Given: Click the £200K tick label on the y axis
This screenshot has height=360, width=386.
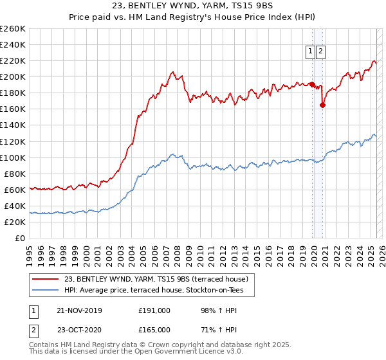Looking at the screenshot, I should pyautogui.click(x=13, y=76).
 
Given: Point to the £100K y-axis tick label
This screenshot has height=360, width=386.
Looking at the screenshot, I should pyautogui.click(x=13, y=157).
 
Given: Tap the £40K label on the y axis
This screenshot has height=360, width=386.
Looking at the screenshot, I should pyautogui.click(x=15, y=206).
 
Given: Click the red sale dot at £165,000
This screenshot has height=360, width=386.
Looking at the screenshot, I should pyautogui.click(x=322, y=106).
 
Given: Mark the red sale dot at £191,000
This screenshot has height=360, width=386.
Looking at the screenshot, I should pyautogui.click(x=312, y=84).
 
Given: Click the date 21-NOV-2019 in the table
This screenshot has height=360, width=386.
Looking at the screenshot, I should pyautogui.click(x=79, y=310).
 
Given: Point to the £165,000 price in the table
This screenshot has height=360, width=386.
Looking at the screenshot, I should pyautogui.click(x=154, y=330).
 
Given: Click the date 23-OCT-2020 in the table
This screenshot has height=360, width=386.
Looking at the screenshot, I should pyautogui.click(x=79, y=330).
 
